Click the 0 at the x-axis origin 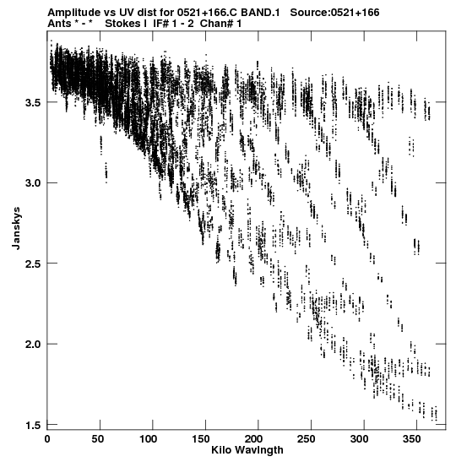(47, 439)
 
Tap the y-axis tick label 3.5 (33, 103)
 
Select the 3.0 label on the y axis (33, 183)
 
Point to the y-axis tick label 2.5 (33, 264)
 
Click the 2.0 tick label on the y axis (33, 345)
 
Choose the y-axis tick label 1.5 (33, 425)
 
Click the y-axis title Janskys (16, 228)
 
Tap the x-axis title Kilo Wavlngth (247, 450)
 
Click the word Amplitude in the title (73, 13)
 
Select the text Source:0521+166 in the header (334, 13)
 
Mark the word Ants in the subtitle (59, 24)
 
